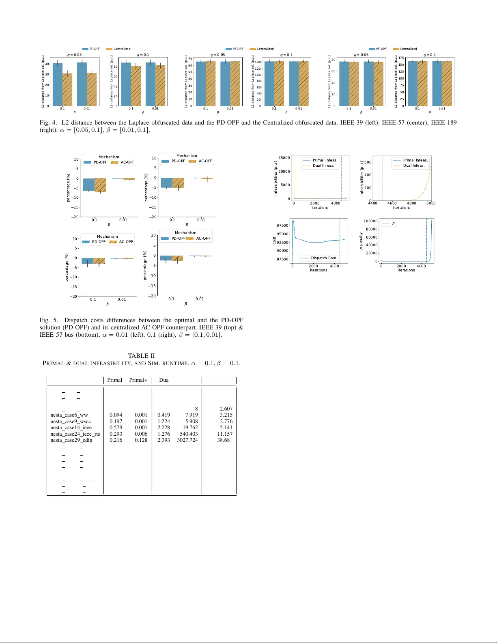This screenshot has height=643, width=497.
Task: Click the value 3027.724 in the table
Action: (187, 440)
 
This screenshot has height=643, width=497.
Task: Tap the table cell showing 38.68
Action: (223, 440)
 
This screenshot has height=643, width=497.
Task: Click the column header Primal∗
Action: (138, 380)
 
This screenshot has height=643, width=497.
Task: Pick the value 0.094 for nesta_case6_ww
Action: (116, 415)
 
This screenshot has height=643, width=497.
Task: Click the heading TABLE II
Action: (141, 356)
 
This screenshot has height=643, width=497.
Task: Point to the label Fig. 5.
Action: (49, 320)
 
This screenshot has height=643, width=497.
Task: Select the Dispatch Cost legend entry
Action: (323, 258)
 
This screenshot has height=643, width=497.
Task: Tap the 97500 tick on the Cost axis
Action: (282, 226)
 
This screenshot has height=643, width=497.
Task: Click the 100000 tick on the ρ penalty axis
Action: (370, 221)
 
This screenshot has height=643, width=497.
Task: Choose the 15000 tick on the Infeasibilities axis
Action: (284, 158)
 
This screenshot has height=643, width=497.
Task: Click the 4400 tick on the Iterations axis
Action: (372, 203)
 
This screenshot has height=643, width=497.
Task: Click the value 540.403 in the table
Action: (189, 434)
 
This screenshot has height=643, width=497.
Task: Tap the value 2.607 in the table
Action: (226, 409)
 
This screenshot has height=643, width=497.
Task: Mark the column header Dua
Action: (164, 380)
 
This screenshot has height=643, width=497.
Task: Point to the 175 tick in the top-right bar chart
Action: (401, 58)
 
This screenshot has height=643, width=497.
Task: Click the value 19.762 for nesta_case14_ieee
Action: (190, 428)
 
